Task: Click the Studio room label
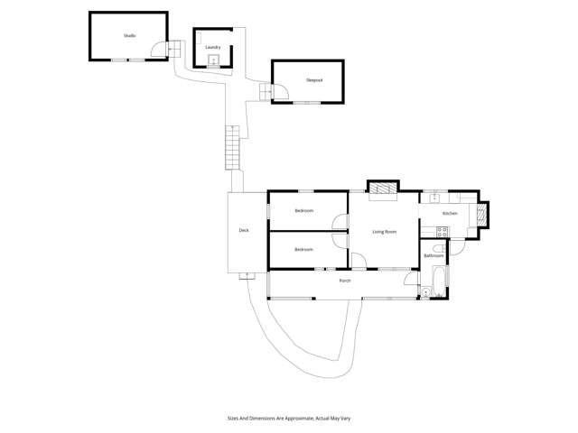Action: click(x=129, y=35)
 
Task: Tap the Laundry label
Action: click(x=213, y=47)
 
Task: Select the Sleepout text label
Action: click(x=313, y=80)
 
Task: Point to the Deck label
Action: click(x=244, y=231)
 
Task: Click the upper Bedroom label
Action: click(x=303, y=211)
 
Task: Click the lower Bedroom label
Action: click(x=303, y=249)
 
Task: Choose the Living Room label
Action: click(x=385, y=232)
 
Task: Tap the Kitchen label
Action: click(x=449, y=214)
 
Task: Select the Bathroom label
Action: click(x=433, y=256)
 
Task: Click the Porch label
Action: click(x=344, y=281)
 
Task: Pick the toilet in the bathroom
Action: click(x=427, y=290)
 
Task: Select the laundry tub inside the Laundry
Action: click(x=213, y=61)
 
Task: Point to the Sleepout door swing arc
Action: click(x=279, y=91)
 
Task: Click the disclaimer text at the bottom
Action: click(x=289, y=419)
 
